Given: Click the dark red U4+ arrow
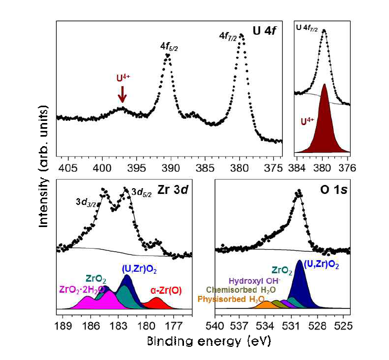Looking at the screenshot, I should [122, 95].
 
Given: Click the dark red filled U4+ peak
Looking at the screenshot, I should [324, 126].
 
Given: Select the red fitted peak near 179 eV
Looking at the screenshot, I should [157, 304].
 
